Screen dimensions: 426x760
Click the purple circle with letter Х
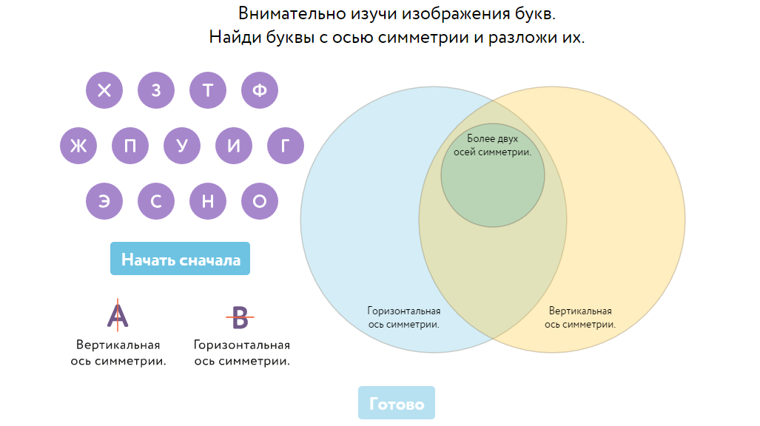click(104, 91)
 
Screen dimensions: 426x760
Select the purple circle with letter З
click(156, 91)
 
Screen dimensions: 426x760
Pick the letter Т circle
click(208, 91)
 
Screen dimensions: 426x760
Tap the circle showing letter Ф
click(260, 91)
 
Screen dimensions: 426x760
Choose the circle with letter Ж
click(78, 146)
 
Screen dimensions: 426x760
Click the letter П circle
click(130, 146)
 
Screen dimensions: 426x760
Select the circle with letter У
click(182, 146)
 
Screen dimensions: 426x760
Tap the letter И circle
click(234, 146)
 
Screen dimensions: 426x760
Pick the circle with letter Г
click(286, 146)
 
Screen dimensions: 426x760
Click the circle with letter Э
click(104, 201)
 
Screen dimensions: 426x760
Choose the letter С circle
click(156, 201)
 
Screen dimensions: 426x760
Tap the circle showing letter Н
click(208, 201)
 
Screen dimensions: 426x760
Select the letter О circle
click(260, 201)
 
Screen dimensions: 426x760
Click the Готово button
click(397, 404)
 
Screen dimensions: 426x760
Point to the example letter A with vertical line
click(118, 315)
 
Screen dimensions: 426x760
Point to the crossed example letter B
click(241, 317)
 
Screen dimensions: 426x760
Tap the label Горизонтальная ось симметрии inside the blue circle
click(404, 317)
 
